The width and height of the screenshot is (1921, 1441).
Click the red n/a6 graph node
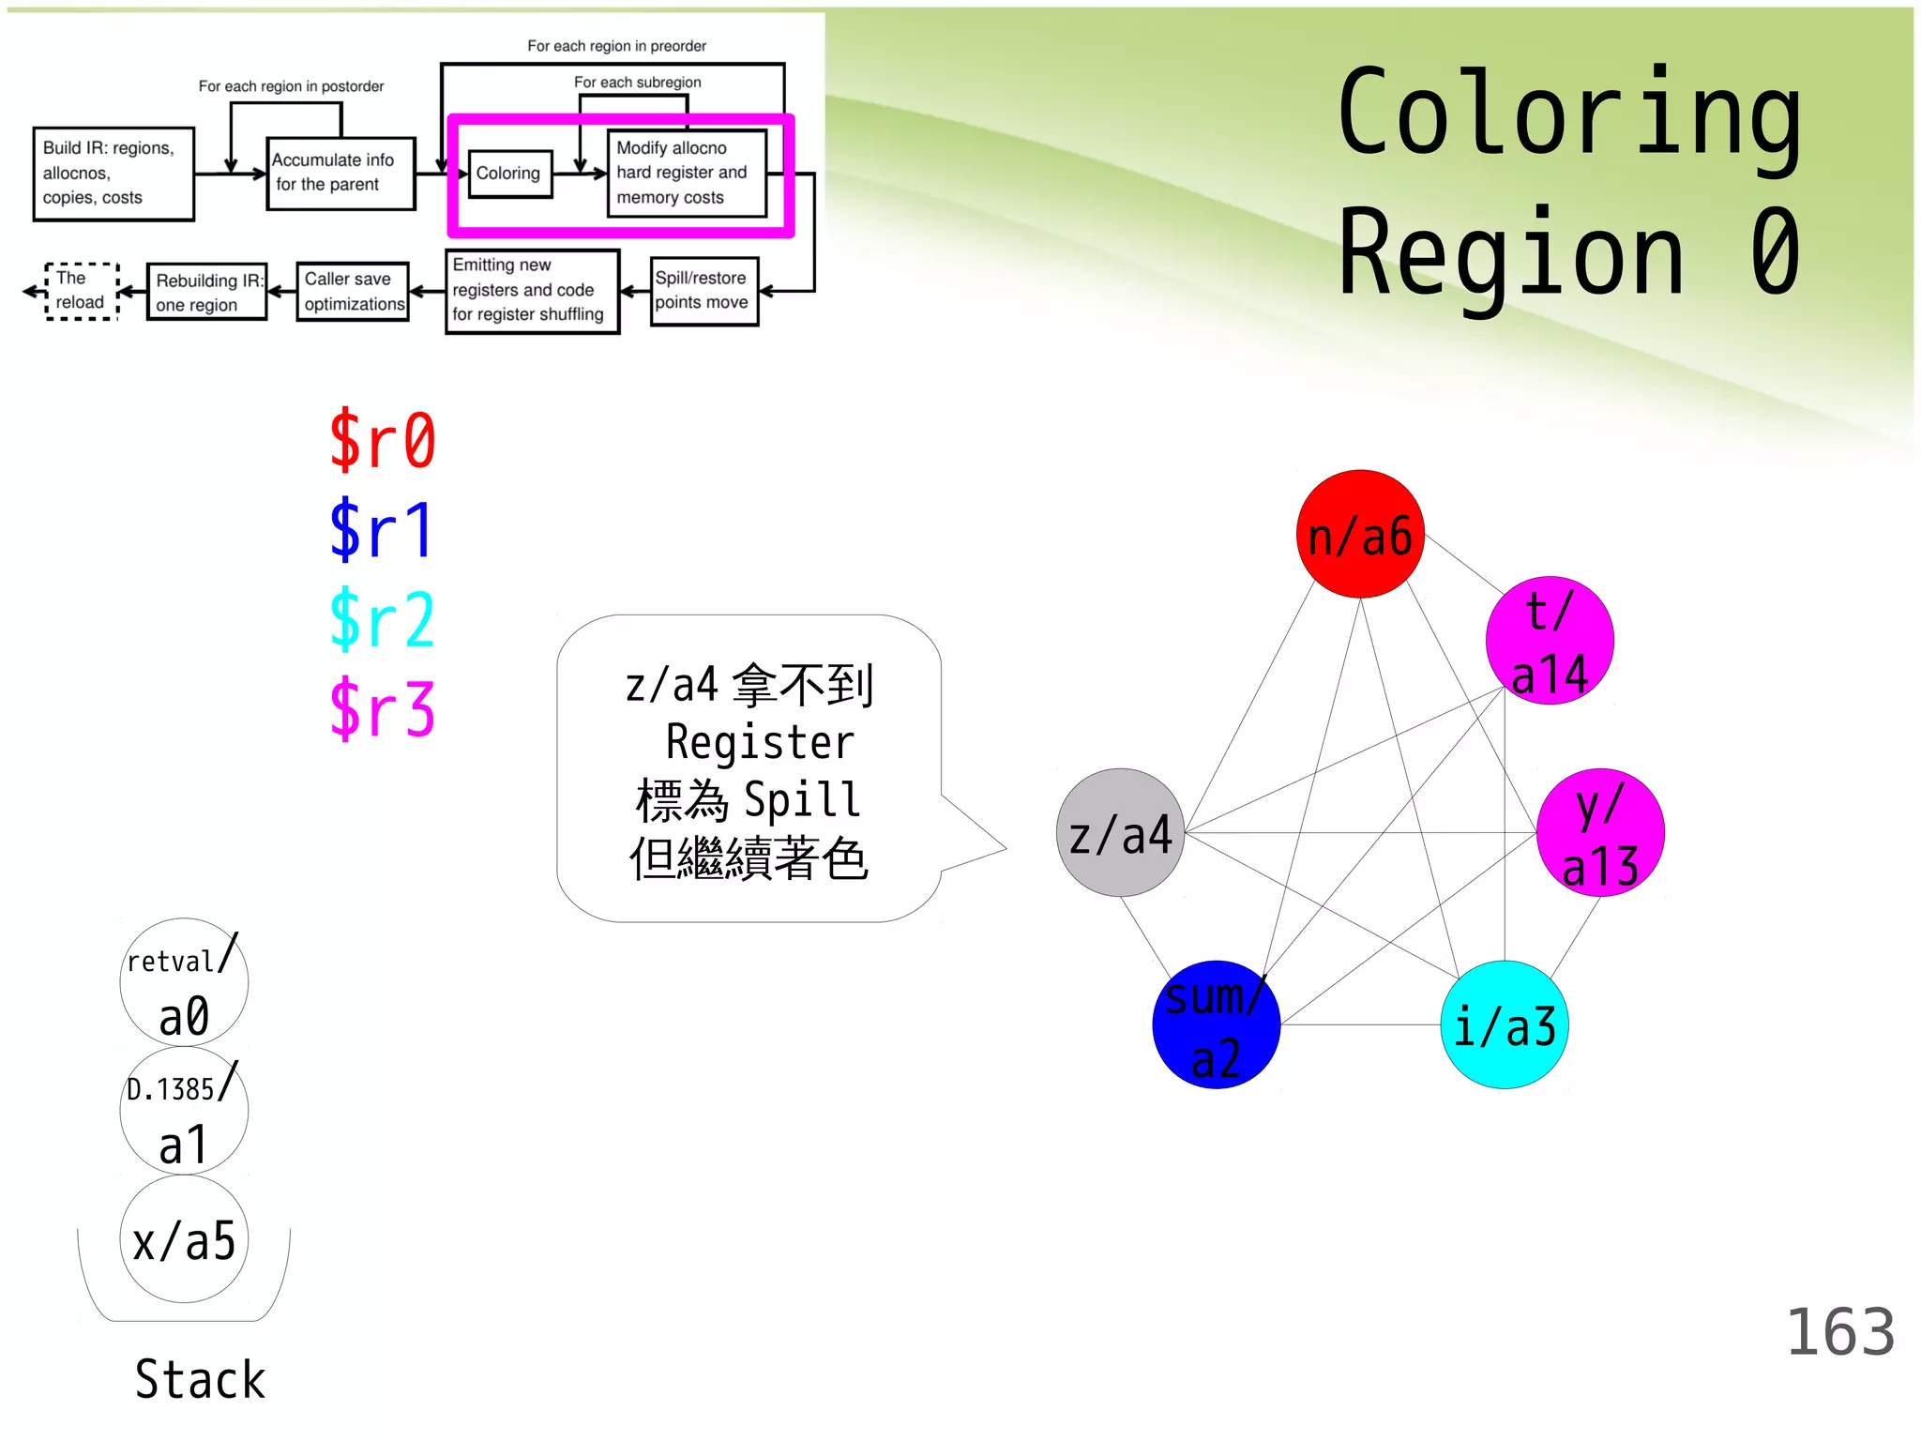click(x=1359, y=534)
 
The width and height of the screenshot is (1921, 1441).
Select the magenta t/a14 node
click(x=1549, y=641)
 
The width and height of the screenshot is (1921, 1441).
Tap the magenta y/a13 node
click(x=1599, y=833)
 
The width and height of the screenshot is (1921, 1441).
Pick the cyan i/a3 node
click(x=1504, y=1024)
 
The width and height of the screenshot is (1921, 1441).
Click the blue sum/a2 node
click(x=1216, y=1024)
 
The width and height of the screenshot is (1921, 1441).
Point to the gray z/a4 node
click(x=1120, y=833)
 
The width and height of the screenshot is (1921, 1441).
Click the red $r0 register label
click(x=382, y=440)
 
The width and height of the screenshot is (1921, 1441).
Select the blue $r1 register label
click(x=382, y=530)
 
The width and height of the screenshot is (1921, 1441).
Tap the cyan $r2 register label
click(x=382, y=619)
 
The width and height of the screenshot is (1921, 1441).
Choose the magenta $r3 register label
click(x=382, y=709)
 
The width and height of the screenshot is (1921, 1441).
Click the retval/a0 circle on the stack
click(x=184, y=982)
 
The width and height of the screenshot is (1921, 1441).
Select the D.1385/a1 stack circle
click(x=184, y=1111)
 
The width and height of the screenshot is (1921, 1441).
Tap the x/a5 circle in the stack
click(x=184, y=1239)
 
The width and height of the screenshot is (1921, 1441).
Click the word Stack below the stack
click(x=200, y=1379)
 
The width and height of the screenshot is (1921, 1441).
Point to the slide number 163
click(x=1839, y=1332)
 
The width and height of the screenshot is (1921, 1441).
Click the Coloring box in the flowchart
click(x=509, y=174)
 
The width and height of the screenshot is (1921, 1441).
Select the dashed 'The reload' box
click(x=82, y=291)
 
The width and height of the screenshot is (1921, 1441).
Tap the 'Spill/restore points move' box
click(x=703, y=291)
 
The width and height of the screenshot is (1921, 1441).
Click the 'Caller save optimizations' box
click(x=353, y=292)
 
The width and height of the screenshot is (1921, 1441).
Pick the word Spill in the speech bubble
click(x=802, y=800)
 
